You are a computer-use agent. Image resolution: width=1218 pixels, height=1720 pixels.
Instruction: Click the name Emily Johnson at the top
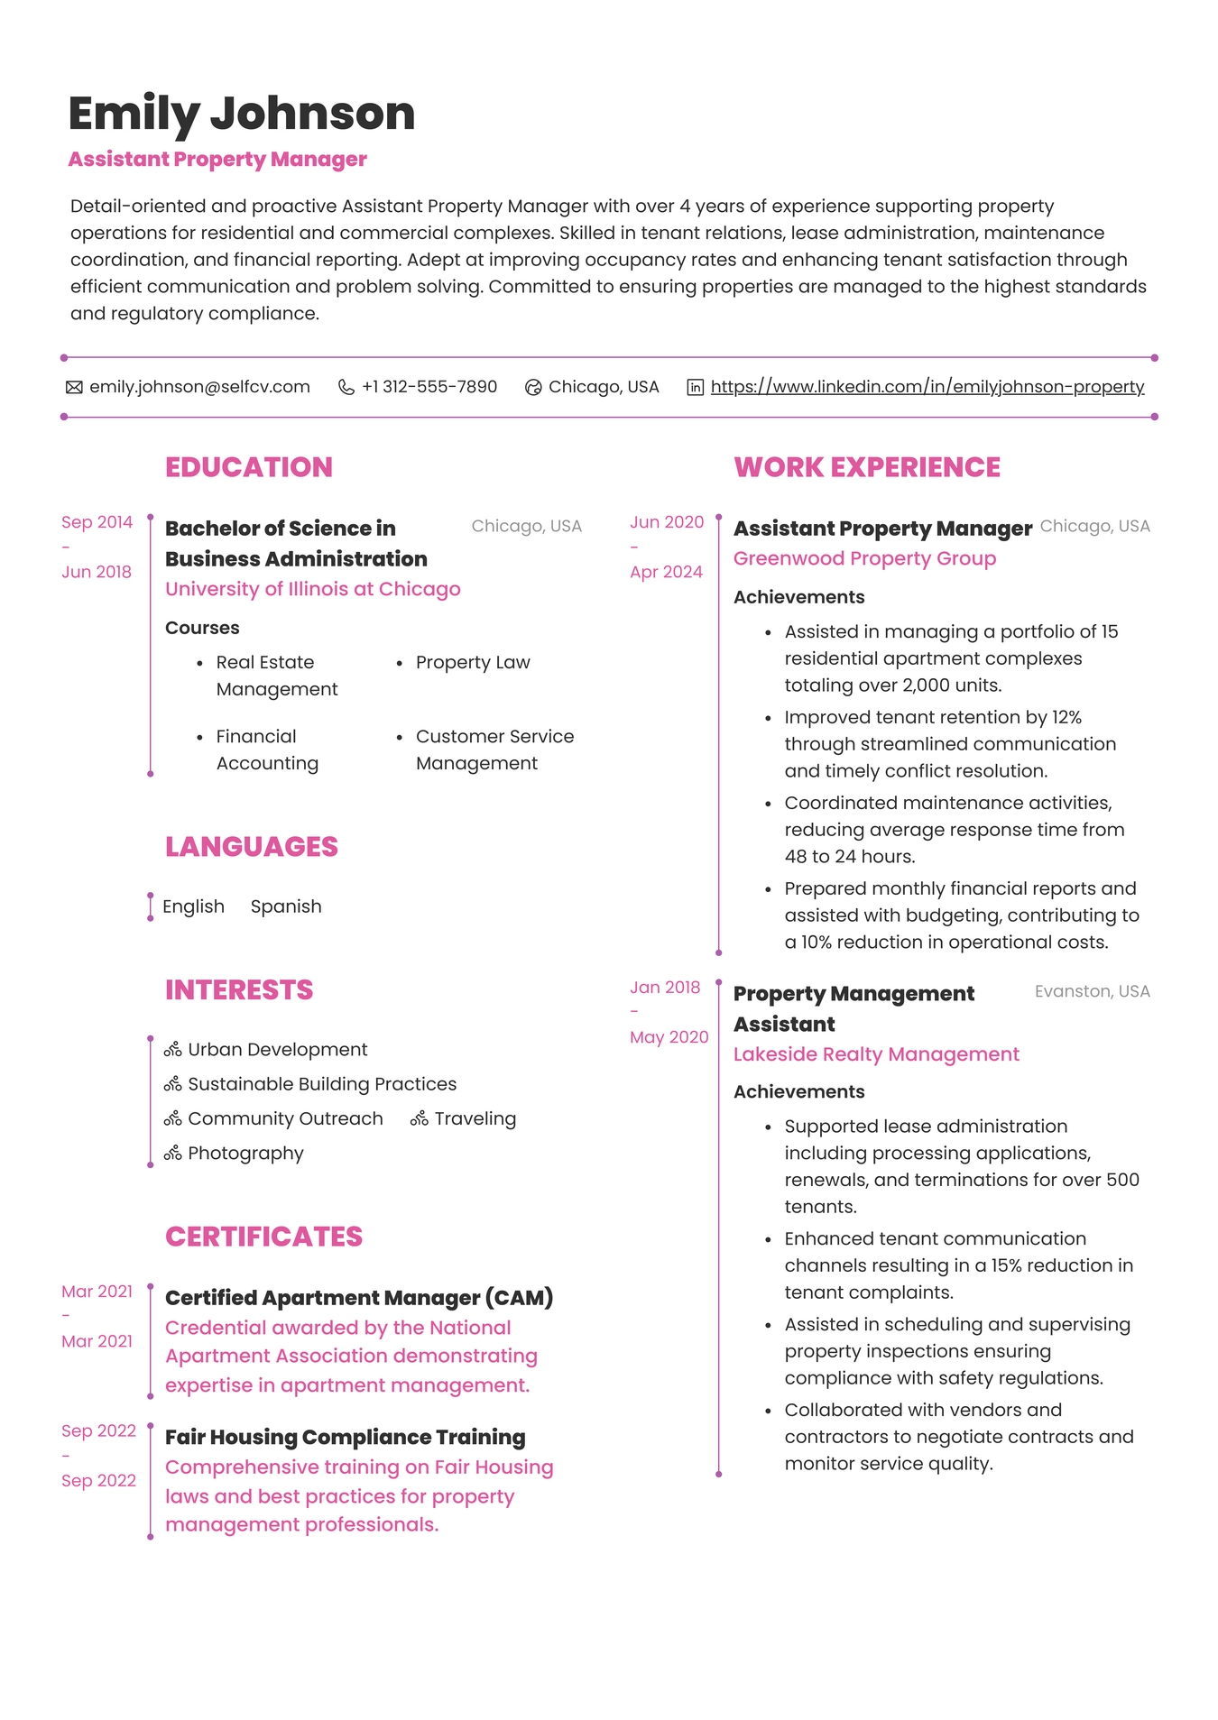[x=241, y=114]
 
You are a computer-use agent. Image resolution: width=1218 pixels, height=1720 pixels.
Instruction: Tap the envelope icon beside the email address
[x=74, y=387]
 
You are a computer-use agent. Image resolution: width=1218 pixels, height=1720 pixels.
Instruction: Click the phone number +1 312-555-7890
[x=429, y=387]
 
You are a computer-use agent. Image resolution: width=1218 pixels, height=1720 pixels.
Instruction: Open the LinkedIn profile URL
[x=927, y=387]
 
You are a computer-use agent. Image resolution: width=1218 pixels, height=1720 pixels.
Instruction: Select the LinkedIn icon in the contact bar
[x=695, y=387]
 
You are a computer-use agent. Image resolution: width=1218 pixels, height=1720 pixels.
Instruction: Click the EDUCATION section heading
[x=248, y=467]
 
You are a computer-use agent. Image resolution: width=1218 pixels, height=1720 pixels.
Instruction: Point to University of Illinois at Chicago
[x=312, y=589]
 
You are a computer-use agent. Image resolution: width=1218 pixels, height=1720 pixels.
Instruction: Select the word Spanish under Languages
[x=285, y=906]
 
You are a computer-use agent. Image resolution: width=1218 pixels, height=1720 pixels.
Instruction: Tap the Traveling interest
[x=475, y=1118]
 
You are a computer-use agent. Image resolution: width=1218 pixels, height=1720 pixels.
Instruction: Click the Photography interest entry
[x=245, y=1154]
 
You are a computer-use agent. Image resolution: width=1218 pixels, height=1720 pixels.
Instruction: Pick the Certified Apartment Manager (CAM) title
[x=358, y=1298]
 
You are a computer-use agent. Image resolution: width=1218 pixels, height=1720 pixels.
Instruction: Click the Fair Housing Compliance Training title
[x=345, y=1437]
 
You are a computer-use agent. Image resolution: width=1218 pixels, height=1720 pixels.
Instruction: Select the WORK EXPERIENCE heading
[x=866, y=467]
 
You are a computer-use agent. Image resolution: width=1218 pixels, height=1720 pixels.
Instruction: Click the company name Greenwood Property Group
[x=863, y=558]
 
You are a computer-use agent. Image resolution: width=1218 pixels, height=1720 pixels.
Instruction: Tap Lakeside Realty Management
[x=875, y=1054]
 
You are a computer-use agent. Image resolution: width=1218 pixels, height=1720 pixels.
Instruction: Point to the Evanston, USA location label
[x=1092, y=991]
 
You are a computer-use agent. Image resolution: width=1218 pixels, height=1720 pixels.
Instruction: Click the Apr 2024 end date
[x=666, y=572]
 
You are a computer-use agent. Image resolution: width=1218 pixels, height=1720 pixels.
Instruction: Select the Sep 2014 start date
[x=97, y=522]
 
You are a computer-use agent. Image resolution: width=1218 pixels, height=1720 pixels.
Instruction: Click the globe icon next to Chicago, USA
[x=533, y=387]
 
